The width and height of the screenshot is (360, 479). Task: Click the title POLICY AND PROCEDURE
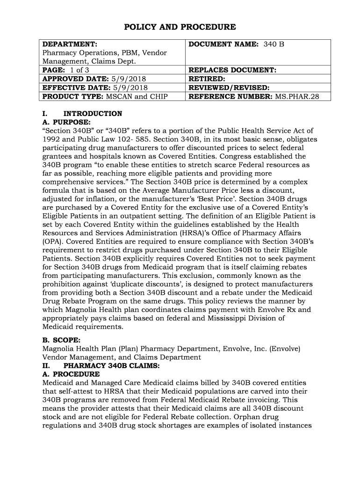click(180, 27)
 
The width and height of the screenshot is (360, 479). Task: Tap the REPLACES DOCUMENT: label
click(231, 70)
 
